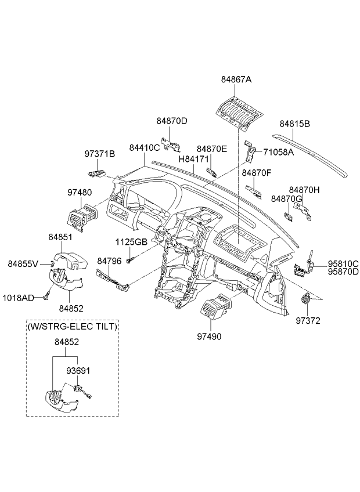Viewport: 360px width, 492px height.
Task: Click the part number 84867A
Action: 236,79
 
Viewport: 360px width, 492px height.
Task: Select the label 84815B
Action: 294,124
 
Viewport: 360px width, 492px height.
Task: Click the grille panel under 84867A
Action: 239,113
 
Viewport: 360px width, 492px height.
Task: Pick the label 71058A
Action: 278,152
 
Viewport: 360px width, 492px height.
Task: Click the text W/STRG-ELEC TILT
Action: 73,327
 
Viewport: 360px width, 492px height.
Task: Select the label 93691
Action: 78,371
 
